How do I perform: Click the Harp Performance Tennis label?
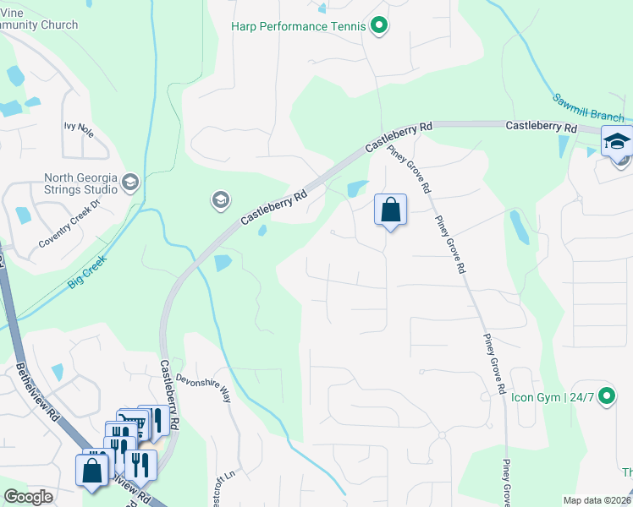299,26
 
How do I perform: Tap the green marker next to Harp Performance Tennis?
379,26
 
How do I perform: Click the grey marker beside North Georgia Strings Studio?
129,183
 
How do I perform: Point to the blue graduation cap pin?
616,140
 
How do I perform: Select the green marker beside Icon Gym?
606,395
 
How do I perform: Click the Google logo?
29,497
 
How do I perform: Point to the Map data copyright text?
597,500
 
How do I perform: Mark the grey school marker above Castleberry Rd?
219,200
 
